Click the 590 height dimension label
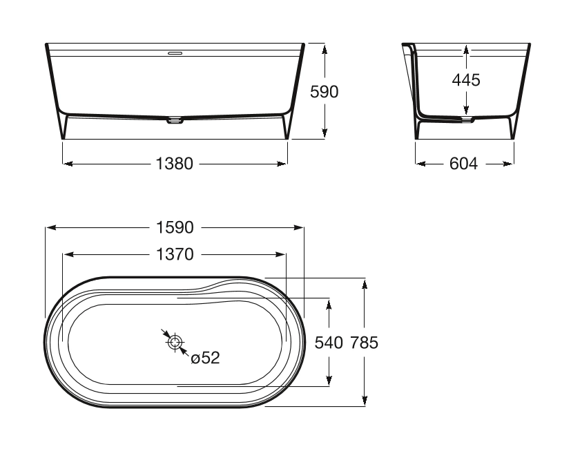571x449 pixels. tap(324, 91)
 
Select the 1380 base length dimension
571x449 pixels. tap(175, 164)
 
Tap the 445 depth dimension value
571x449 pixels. tap(466, 80)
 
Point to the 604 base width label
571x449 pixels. tap(463, 164)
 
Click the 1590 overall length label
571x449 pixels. tap(175, 227)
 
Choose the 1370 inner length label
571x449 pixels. tap(175, 254)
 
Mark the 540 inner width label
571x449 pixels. tap(329, 343)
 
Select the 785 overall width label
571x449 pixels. tap(364, 343)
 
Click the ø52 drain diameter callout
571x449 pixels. tap(205, 358)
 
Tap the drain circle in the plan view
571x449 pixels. tap(175, 342)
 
